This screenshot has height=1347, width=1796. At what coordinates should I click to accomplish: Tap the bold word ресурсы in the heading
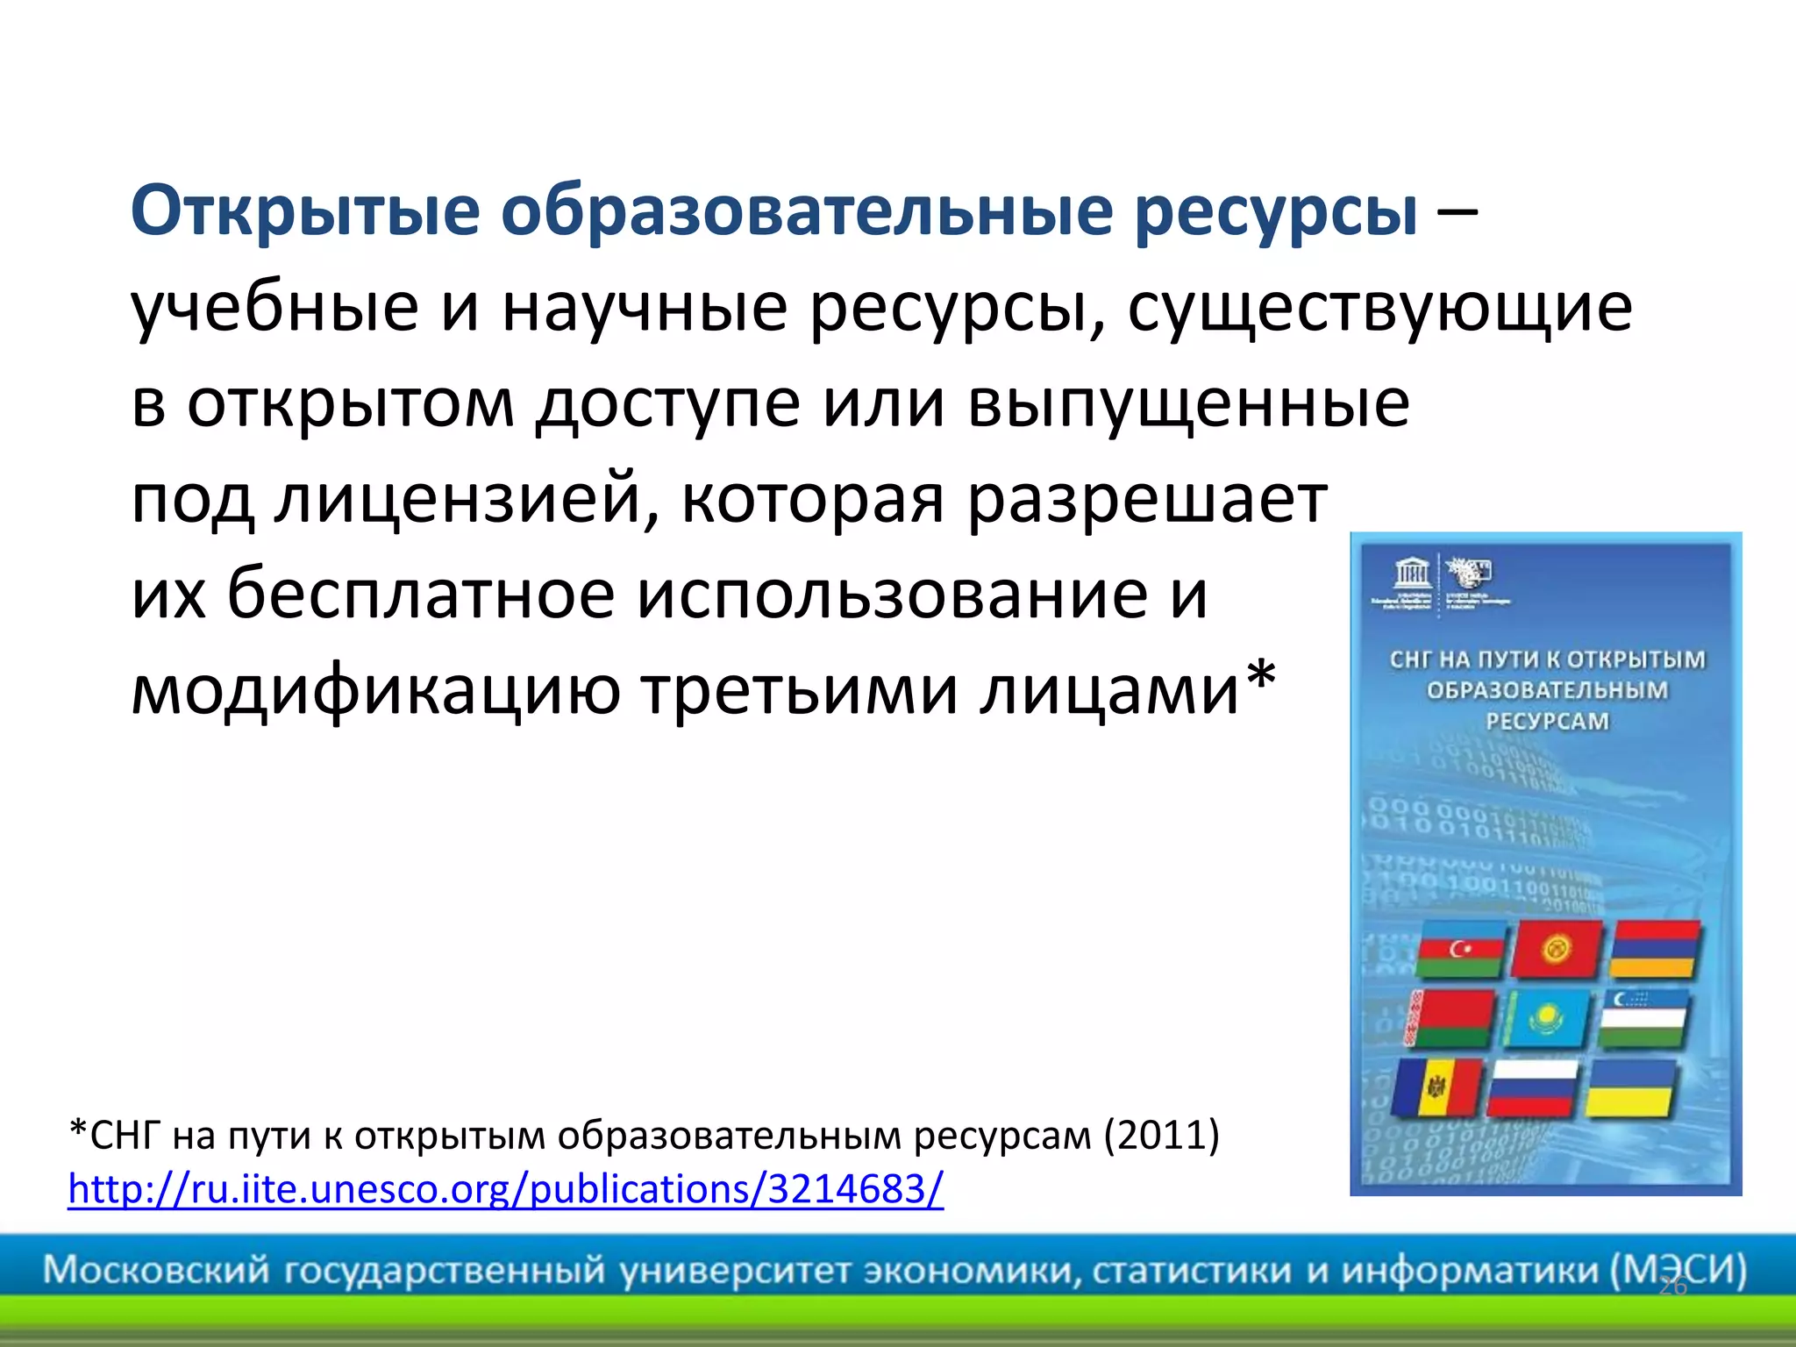click(x=1276, y=212)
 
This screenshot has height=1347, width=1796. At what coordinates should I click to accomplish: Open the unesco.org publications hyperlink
click(x=506, y=1190)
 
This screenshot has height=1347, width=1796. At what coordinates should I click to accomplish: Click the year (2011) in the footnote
click(x=1161, y=1136)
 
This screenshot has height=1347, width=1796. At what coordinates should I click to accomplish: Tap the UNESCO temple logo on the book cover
click(x=1412, y=574)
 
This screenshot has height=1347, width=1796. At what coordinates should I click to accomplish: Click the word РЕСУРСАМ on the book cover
click(x=1547, y=722)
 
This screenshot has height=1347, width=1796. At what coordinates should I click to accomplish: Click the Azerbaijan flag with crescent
click(x=1460, y=951)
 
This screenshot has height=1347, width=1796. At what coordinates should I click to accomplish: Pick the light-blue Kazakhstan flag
click(x=1545, y=1019)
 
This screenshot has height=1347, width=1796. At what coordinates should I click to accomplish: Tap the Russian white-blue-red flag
click(x=1532, y=1087)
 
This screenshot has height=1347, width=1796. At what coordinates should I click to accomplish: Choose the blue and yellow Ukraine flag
click(x=1631, y=1087)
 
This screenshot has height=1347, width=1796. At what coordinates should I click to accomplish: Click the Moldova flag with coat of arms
click(x=1436, y=1087)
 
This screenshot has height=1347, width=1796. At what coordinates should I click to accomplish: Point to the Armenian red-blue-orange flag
click(x=1655, y=949)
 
